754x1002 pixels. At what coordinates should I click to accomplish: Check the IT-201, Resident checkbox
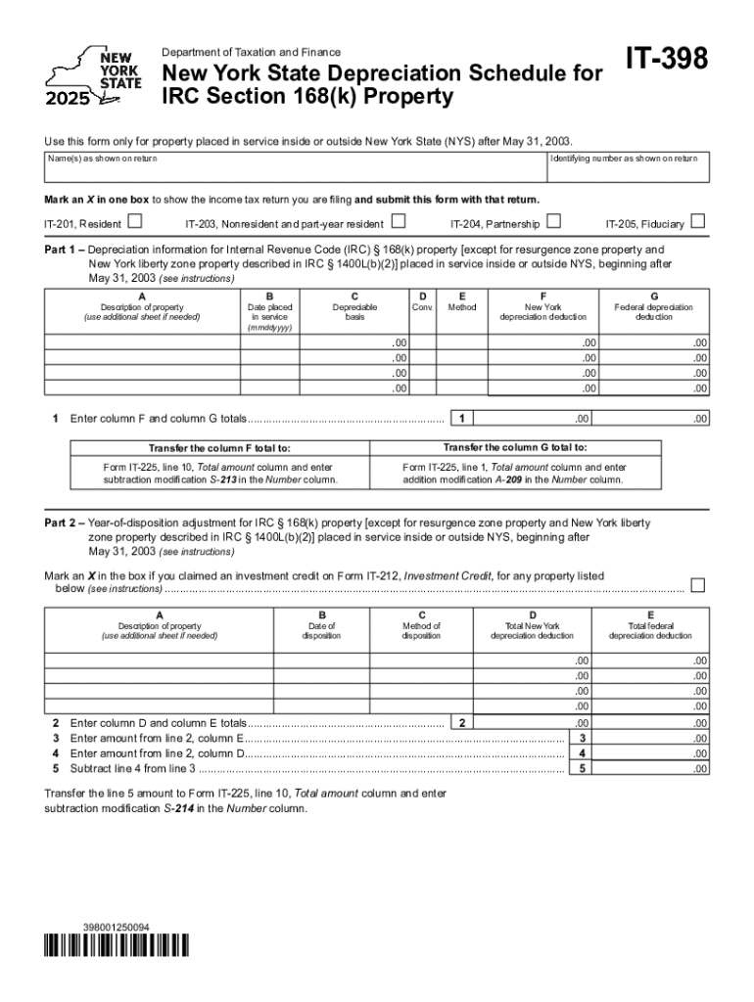[135, 222]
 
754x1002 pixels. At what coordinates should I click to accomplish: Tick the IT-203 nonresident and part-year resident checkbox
[399, 222]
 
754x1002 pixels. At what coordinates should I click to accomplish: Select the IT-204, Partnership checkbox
[554, 222]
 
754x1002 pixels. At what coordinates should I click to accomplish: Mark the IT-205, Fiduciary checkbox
[698, 222]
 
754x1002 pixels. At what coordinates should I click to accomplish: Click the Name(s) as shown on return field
[294, 171]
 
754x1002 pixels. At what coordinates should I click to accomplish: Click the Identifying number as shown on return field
[625, 171]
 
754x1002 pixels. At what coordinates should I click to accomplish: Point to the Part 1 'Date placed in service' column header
[269, 312]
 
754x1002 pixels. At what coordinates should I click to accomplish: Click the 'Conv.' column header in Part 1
[422, 307]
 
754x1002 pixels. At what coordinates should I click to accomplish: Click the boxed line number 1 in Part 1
[460, 419]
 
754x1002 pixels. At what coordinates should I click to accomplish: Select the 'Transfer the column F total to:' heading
[219, 448]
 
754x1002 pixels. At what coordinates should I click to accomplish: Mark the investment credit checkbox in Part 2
[698, 585]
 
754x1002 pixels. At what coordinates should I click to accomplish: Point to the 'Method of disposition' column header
[421, 631]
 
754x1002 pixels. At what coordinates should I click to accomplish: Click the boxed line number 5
[583, 769]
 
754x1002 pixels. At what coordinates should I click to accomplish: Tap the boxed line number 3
[583, 738]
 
